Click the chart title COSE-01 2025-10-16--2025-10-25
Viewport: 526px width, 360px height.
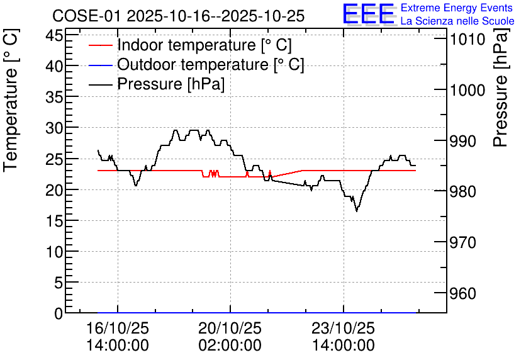(179, 16)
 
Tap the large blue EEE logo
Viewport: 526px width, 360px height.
(369, 14)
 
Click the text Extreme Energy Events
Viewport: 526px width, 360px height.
(457, 8)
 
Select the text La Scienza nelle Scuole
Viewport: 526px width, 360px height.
(457, 21)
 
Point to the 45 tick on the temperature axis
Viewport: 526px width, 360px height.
(54, 35)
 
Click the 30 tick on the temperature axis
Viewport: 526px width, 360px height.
(54, 128)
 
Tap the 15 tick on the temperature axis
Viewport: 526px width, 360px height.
(54, 221)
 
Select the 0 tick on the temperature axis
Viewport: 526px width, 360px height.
(59, 313)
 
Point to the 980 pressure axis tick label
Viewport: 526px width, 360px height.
(463, 191)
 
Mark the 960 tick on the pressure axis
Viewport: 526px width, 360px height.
(463, 293)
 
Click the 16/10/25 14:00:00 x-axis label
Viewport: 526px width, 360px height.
(118, 337)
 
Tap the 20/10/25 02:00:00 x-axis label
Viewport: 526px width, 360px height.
(230, 337)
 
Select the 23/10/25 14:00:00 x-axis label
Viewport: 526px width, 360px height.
(344, 337)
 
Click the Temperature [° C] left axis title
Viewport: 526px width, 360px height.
(11, 100)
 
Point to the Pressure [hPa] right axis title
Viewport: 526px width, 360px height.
(501, 87)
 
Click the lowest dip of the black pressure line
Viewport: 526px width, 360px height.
(357, 211)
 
